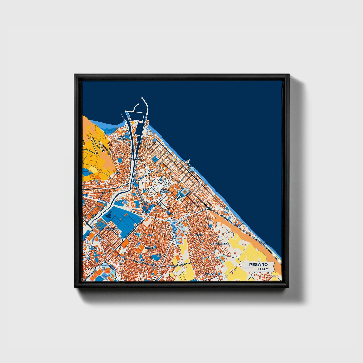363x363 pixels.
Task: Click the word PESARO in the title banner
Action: [x=258, y=264]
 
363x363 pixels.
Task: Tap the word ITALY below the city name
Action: [x=263, y=269]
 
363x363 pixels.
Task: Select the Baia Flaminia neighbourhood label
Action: [x=122, y=138]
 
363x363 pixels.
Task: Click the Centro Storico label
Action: [x=165, y=191]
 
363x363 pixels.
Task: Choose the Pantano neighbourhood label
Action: [x=148, y=248]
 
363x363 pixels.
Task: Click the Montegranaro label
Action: [x=220, y=244]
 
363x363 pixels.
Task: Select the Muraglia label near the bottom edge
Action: [x=211, y=274]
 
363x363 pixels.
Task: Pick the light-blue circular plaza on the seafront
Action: [x=192, y=169]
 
